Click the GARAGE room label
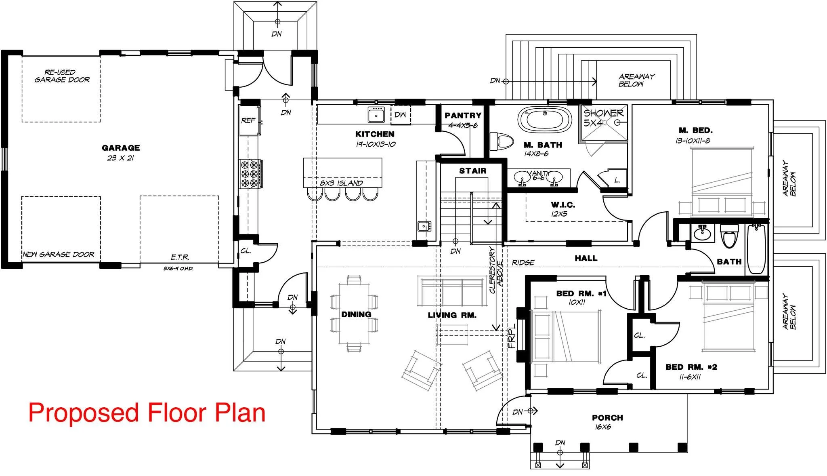click(121, 148)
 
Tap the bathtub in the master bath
click(545, 119)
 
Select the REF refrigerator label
click(248, 120)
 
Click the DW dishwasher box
click(400, 115)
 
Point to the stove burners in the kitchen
click(250, 174)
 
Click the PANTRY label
click(463, 116)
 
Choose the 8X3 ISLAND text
click(342, 183)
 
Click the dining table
click(354, 313)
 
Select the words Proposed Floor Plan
click(147, 413)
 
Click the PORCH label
click(607, 418)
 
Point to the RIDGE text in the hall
click(523, 263)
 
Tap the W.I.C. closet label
click(563, 205)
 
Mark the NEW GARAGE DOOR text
click(59, 254)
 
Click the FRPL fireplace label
click(512, 336)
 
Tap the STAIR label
click(473, 171)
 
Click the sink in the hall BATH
click(703, 233)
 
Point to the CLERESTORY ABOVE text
click(496, 270)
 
